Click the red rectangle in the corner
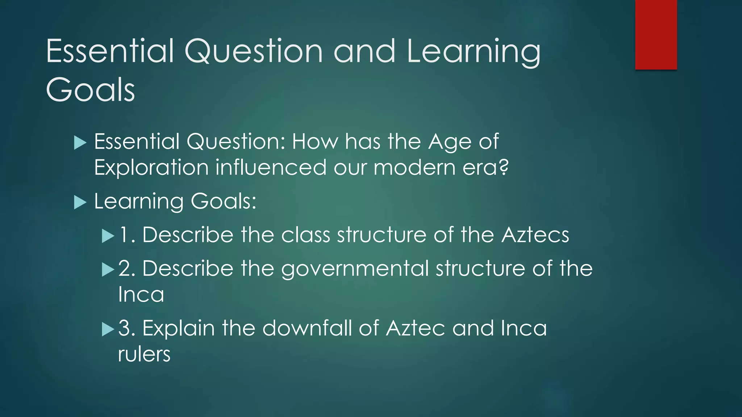coord(656,34)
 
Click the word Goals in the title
coord(91,90)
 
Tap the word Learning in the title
coord(473,51)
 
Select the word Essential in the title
coord(110,51)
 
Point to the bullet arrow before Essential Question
coord(80,143)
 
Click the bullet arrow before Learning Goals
coord(80,202)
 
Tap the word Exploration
coord(151,168)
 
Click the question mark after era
coord(503,167)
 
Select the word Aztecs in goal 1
coord(535,235)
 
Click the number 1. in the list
coord(126,235)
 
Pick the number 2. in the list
coord(127,269)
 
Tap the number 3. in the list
coord(127,328)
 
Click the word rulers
coord(144,354)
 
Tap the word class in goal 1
coord(305,235)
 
